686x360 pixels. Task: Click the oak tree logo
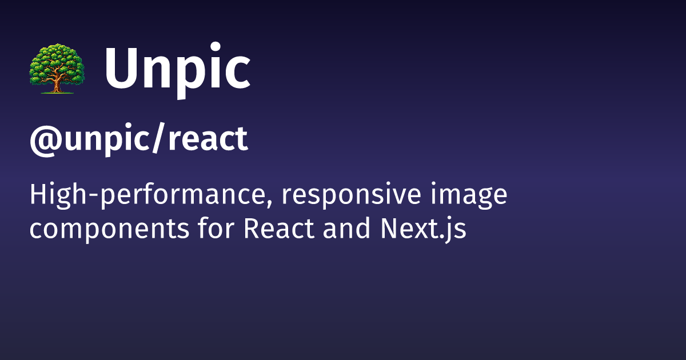[x=57, y=69]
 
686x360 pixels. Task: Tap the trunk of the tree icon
[x=57, y=84]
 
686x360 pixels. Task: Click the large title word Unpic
[x=178, y=70]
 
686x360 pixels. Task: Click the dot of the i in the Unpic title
[x=216, y=47]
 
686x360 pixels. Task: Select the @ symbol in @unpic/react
[x=46, y=139]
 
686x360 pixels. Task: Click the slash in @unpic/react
[x=159, y=138]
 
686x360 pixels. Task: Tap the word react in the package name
[x=208, y=139]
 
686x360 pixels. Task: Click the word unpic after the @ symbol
[x=107, y=140]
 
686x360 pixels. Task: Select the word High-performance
[x=147, y=195]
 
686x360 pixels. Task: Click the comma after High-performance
[x=269, y=203]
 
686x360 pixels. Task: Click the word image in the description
[x=469, y=195]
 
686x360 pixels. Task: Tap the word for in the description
[x=216, y=228]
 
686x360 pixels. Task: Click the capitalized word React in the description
[x=279, y=228]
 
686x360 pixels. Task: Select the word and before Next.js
[x=346, y=228]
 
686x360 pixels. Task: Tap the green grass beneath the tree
[x=57, y=93]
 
